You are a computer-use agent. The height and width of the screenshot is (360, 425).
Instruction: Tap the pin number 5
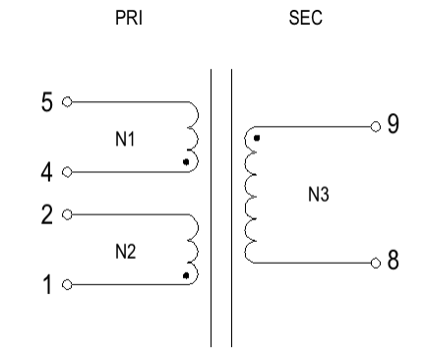47,101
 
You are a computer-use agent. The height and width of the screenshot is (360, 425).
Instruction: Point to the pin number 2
47,211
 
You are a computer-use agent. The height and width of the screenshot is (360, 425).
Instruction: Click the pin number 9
394,126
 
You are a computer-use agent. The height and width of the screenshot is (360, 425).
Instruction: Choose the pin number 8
394,263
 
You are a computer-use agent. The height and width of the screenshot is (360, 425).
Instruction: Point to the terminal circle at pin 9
374,127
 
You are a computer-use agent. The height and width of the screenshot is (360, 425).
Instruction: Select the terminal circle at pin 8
374,264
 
